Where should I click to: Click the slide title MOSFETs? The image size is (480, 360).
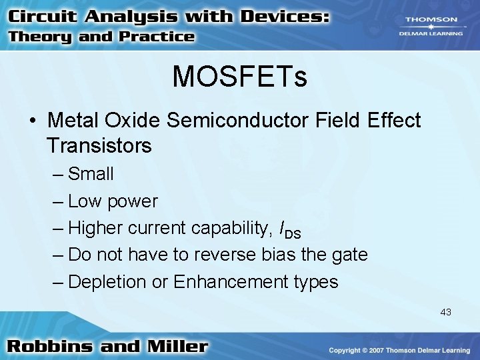[239, 77]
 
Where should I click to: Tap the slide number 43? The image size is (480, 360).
[445, 311]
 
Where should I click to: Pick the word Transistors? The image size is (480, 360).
[99, 145]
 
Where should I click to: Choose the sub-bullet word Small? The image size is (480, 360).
[91, 174]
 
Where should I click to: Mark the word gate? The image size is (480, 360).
[348, 255]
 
